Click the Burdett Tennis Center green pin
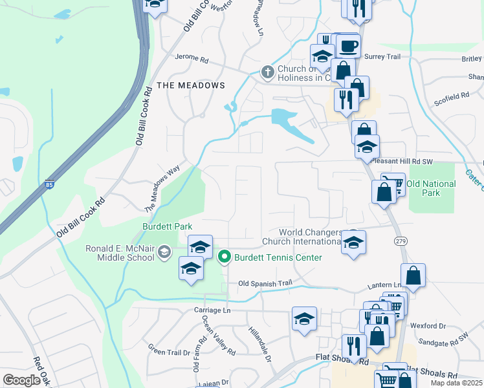pos(225,257)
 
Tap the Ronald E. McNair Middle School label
pos(120,253)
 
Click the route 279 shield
pos(400,241)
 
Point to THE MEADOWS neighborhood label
pos(191,85)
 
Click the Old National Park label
pos(431,188)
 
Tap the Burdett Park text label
pos(167,227)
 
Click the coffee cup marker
pos(349,46)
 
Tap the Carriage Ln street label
pos(212,310)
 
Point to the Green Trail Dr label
pos(169,352)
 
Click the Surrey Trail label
pos(384,57)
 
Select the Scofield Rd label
pos(452,96)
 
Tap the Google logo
pos(21,380)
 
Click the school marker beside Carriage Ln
pos(304,319)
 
